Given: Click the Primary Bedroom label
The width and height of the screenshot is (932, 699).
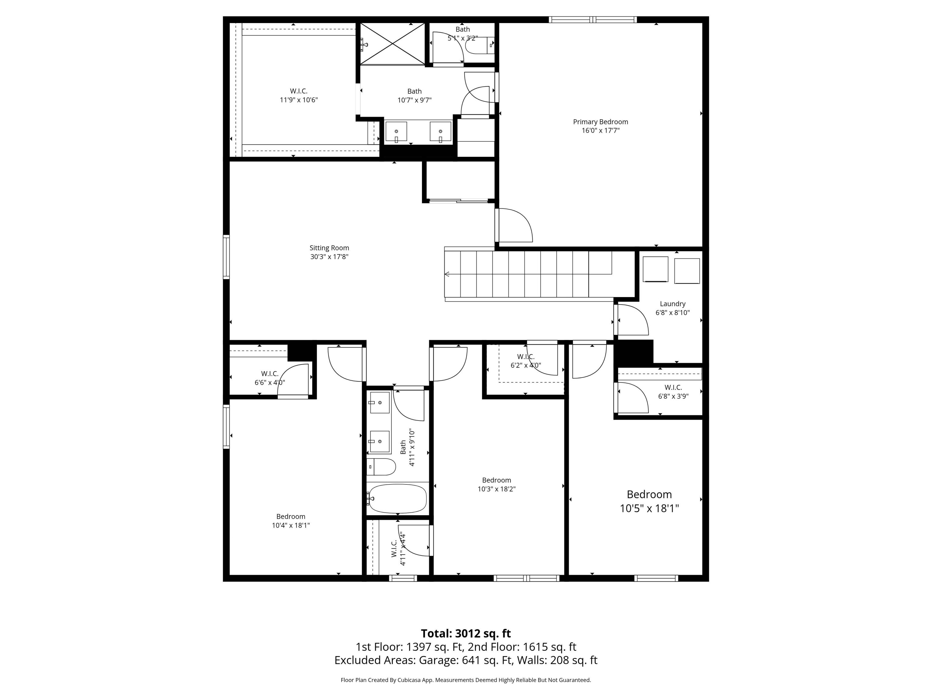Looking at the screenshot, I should point(600,122).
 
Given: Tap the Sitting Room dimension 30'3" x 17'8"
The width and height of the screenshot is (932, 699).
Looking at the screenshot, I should point(329,257).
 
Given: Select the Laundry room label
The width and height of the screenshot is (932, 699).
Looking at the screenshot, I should point(673,304).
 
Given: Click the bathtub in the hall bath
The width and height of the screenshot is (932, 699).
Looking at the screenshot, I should point(397,498).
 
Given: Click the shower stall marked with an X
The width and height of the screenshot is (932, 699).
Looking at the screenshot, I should point(392,43).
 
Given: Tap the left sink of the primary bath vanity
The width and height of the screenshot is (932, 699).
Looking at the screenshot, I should point(396,131).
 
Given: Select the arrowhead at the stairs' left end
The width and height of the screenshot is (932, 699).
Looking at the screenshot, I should point(447,274).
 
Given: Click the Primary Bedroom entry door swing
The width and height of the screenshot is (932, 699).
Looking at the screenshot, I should point(515,225).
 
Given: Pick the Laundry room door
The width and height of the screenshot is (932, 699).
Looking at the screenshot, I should point(632,319).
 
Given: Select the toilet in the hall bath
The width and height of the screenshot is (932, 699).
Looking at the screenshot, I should point(381,467).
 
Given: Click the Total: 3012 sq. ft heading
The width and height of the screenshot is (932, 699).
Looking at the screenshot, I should point(466,633).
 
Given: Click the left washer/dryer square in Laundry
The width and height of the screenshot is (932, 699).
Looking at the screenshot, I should point(655,269).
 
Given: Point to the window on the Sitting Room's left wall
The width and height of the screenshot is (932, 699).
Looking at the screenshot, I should point(226,257).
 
